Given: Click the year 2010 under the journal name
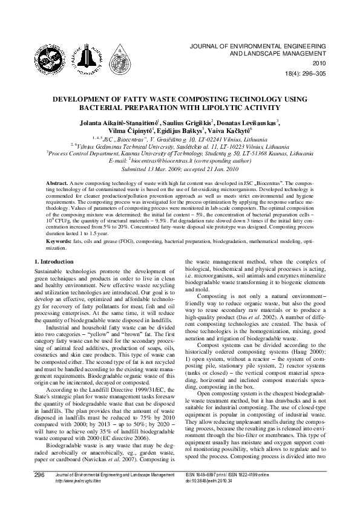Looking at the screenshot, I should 319,63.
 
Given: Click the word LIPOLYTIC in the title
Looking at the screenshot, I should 220,107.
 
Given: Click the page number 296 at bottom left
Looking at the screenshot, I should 41,493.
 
